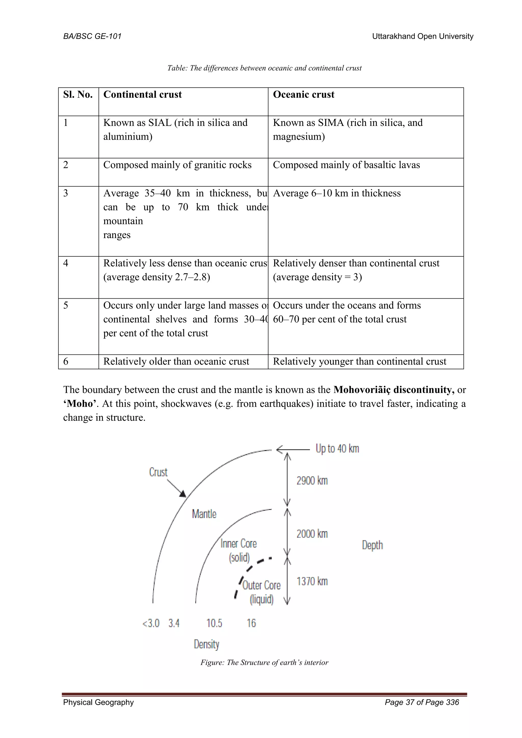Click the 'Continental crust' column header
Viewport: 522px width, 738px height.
coord(142,95)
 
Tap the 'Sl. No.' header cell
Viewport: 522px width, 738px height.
coord(78,95)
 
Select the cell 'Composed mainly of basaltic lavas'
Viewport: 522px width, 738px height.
coord(346,165)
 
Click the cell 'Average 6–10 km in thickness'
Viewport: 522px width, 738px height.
coord(336,193)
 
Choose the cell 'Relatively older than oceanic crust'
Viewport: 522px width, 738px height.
coord(176,362)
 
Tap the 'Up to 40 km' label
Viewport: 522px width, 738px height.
coord(337,449)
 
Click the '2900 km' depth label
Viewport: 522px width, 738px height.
coord(312,481)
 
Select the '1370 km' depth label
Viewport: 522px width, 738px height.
coord(312,581)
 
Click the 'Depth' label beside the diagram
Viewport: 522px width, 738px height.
coord(372,545)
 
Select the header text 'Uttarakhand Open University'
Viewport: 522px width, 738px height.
coord(422,36)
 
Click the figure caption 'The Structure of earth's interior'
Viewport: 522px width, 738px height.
coord(264,663)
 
